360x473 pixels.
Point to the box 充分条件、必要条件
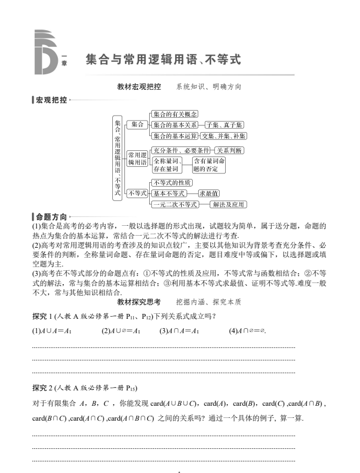pos(181,150)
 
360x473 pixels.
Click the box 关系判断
pos(229,150)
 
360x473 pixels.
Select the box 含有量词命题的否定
pos(209,165)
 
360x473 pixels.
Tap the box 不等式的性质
pos(171,183)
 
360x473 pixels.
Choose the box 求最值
pos(209,193)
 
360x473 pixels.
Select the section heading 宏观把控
pos(51,100)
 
